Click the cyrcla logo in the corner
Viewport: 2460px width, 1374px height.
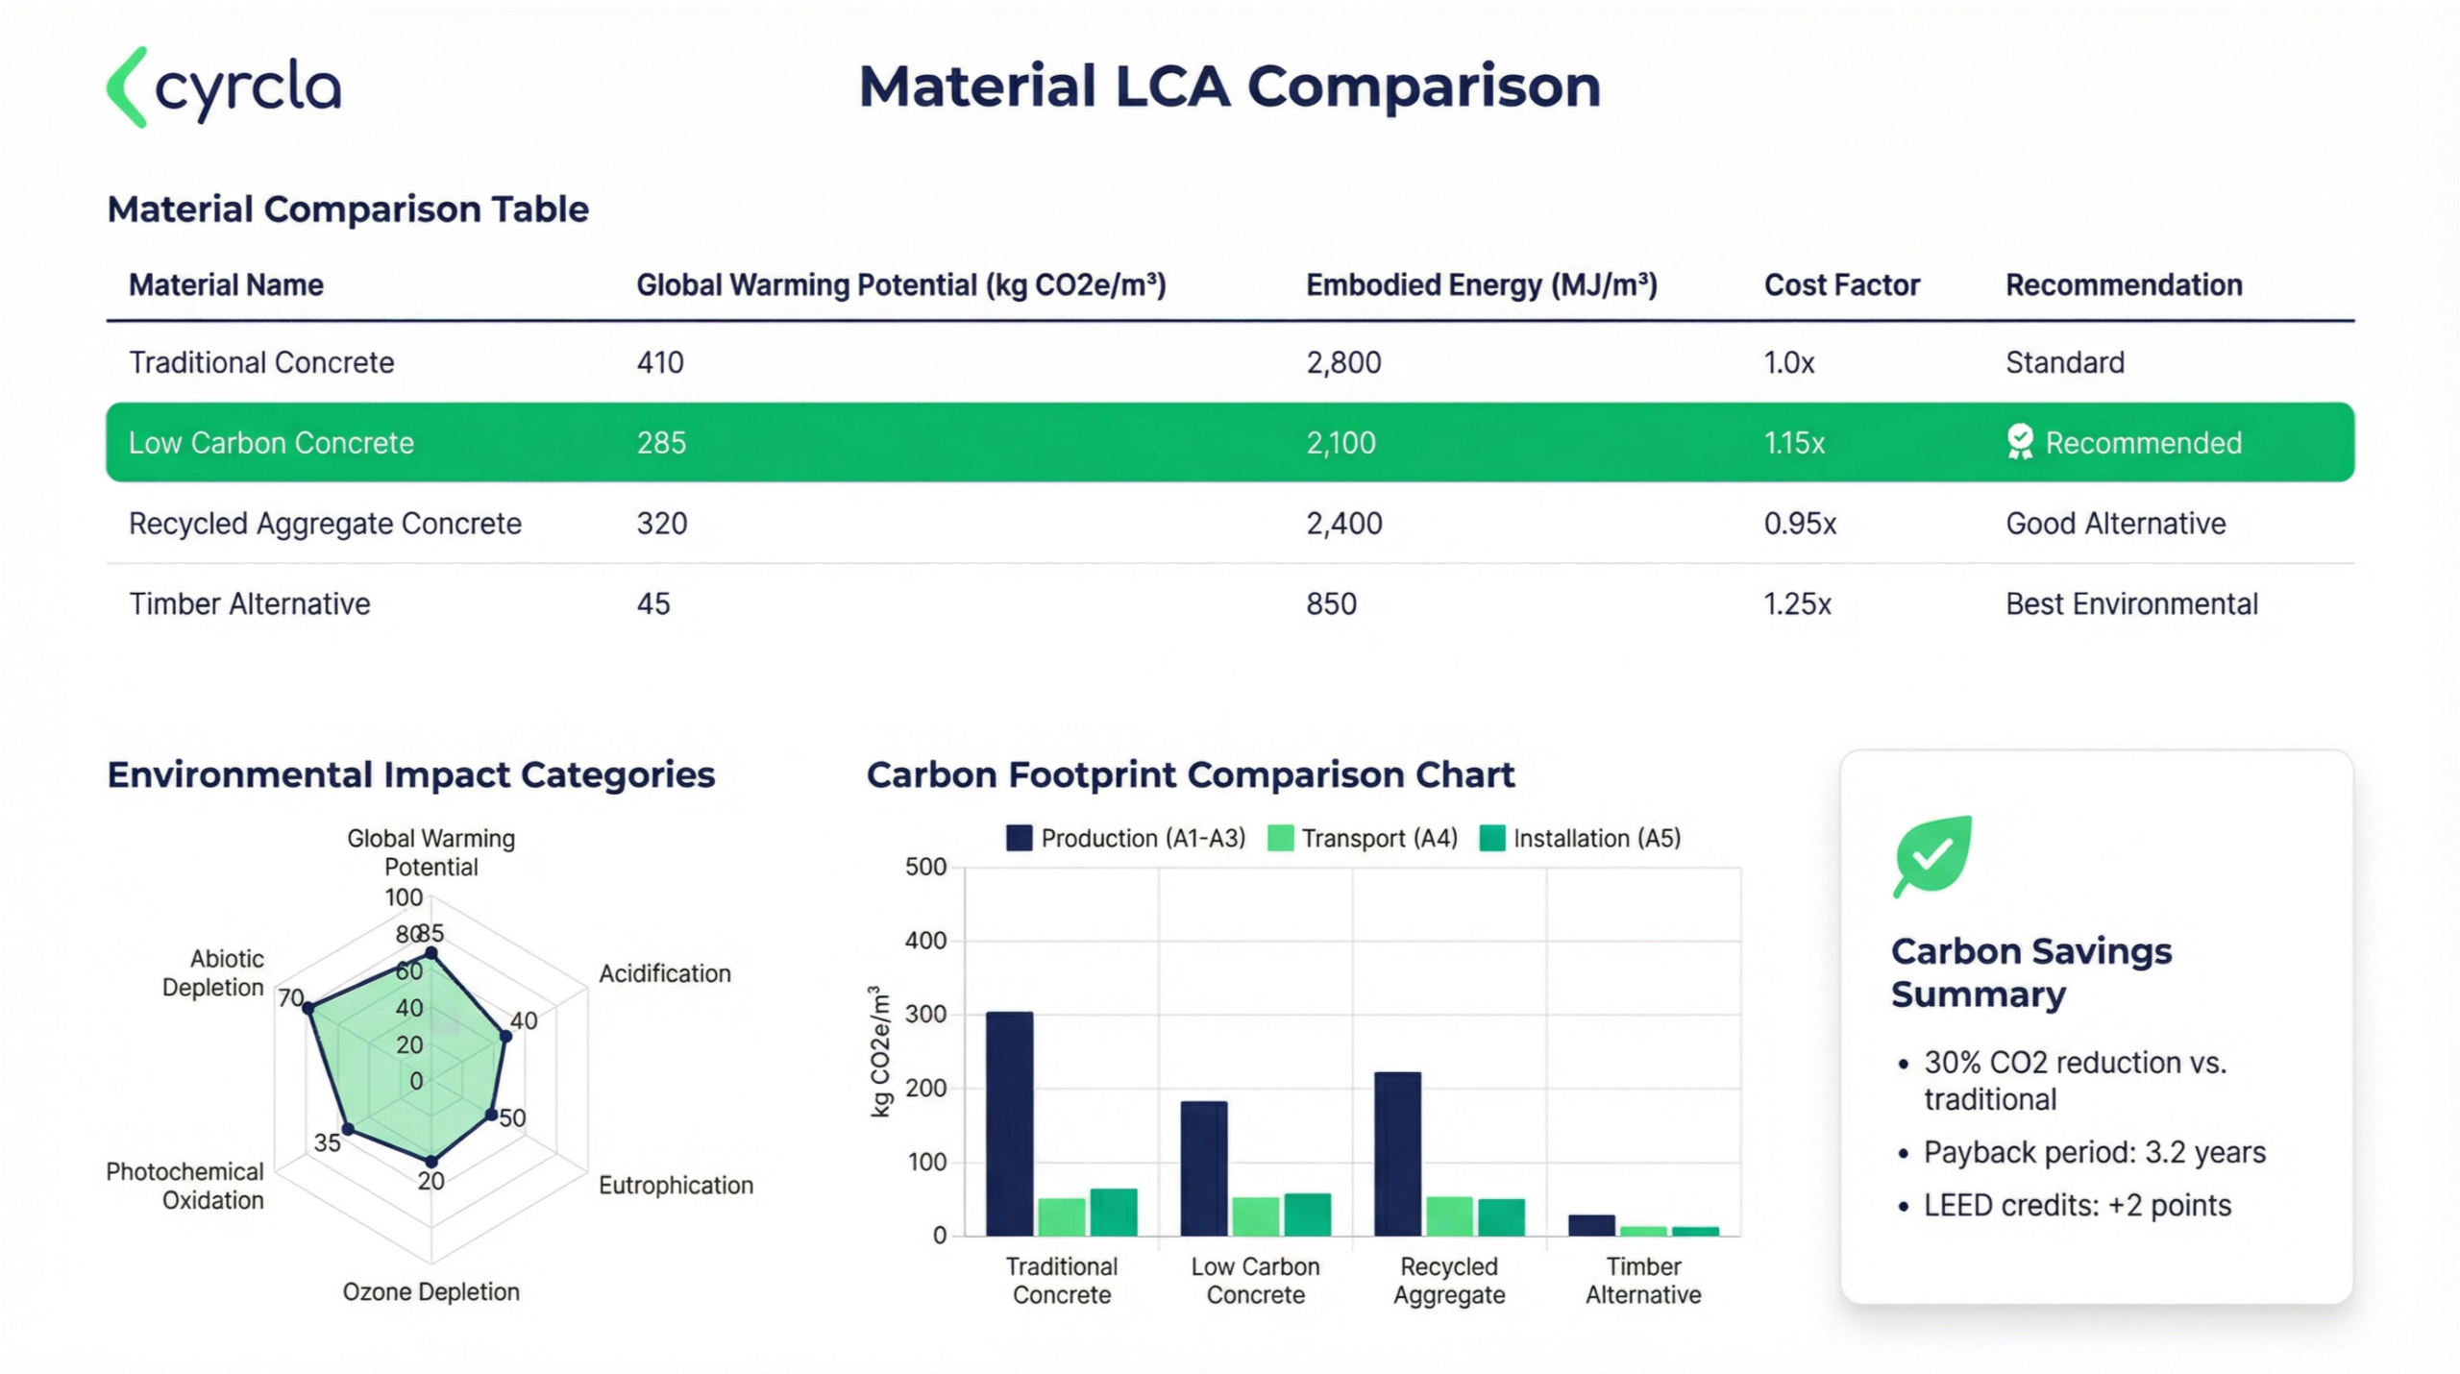(224, 87)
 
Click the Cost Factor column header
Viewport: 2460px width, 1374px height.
(1841, 285)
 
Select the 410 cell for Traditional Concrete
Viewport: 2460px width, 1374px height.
(660, 363)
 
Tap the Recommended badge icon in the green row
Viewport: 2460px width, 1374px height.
(2020, 442)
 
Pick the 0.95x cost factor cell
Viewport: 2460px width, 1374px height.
(1800, 524)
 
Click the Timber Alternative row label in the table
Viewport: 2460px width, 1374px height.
(250, 604)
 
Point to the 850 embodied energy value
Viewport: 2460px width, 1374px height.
(1331, 604)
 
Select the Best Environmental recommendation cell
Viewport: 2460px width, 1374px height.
(2131, 604)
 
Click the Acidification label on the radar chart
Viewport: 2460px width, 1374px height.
(664, 973)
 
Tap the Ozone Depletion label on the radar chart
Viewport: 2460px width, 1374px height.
(430, 1291)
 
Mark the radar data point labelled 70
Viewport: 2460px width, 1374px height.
(309, 1007)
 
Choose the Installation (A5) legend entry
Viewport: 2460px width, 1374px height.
(1581, 839)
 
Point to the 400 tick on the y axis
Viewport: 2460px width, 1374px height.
(925, 941)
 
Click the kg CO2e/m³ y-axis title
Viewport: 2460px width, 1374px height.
(879, 1051)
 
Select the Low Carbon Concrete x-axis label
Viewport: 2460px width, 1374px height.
(1255, 1281)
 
